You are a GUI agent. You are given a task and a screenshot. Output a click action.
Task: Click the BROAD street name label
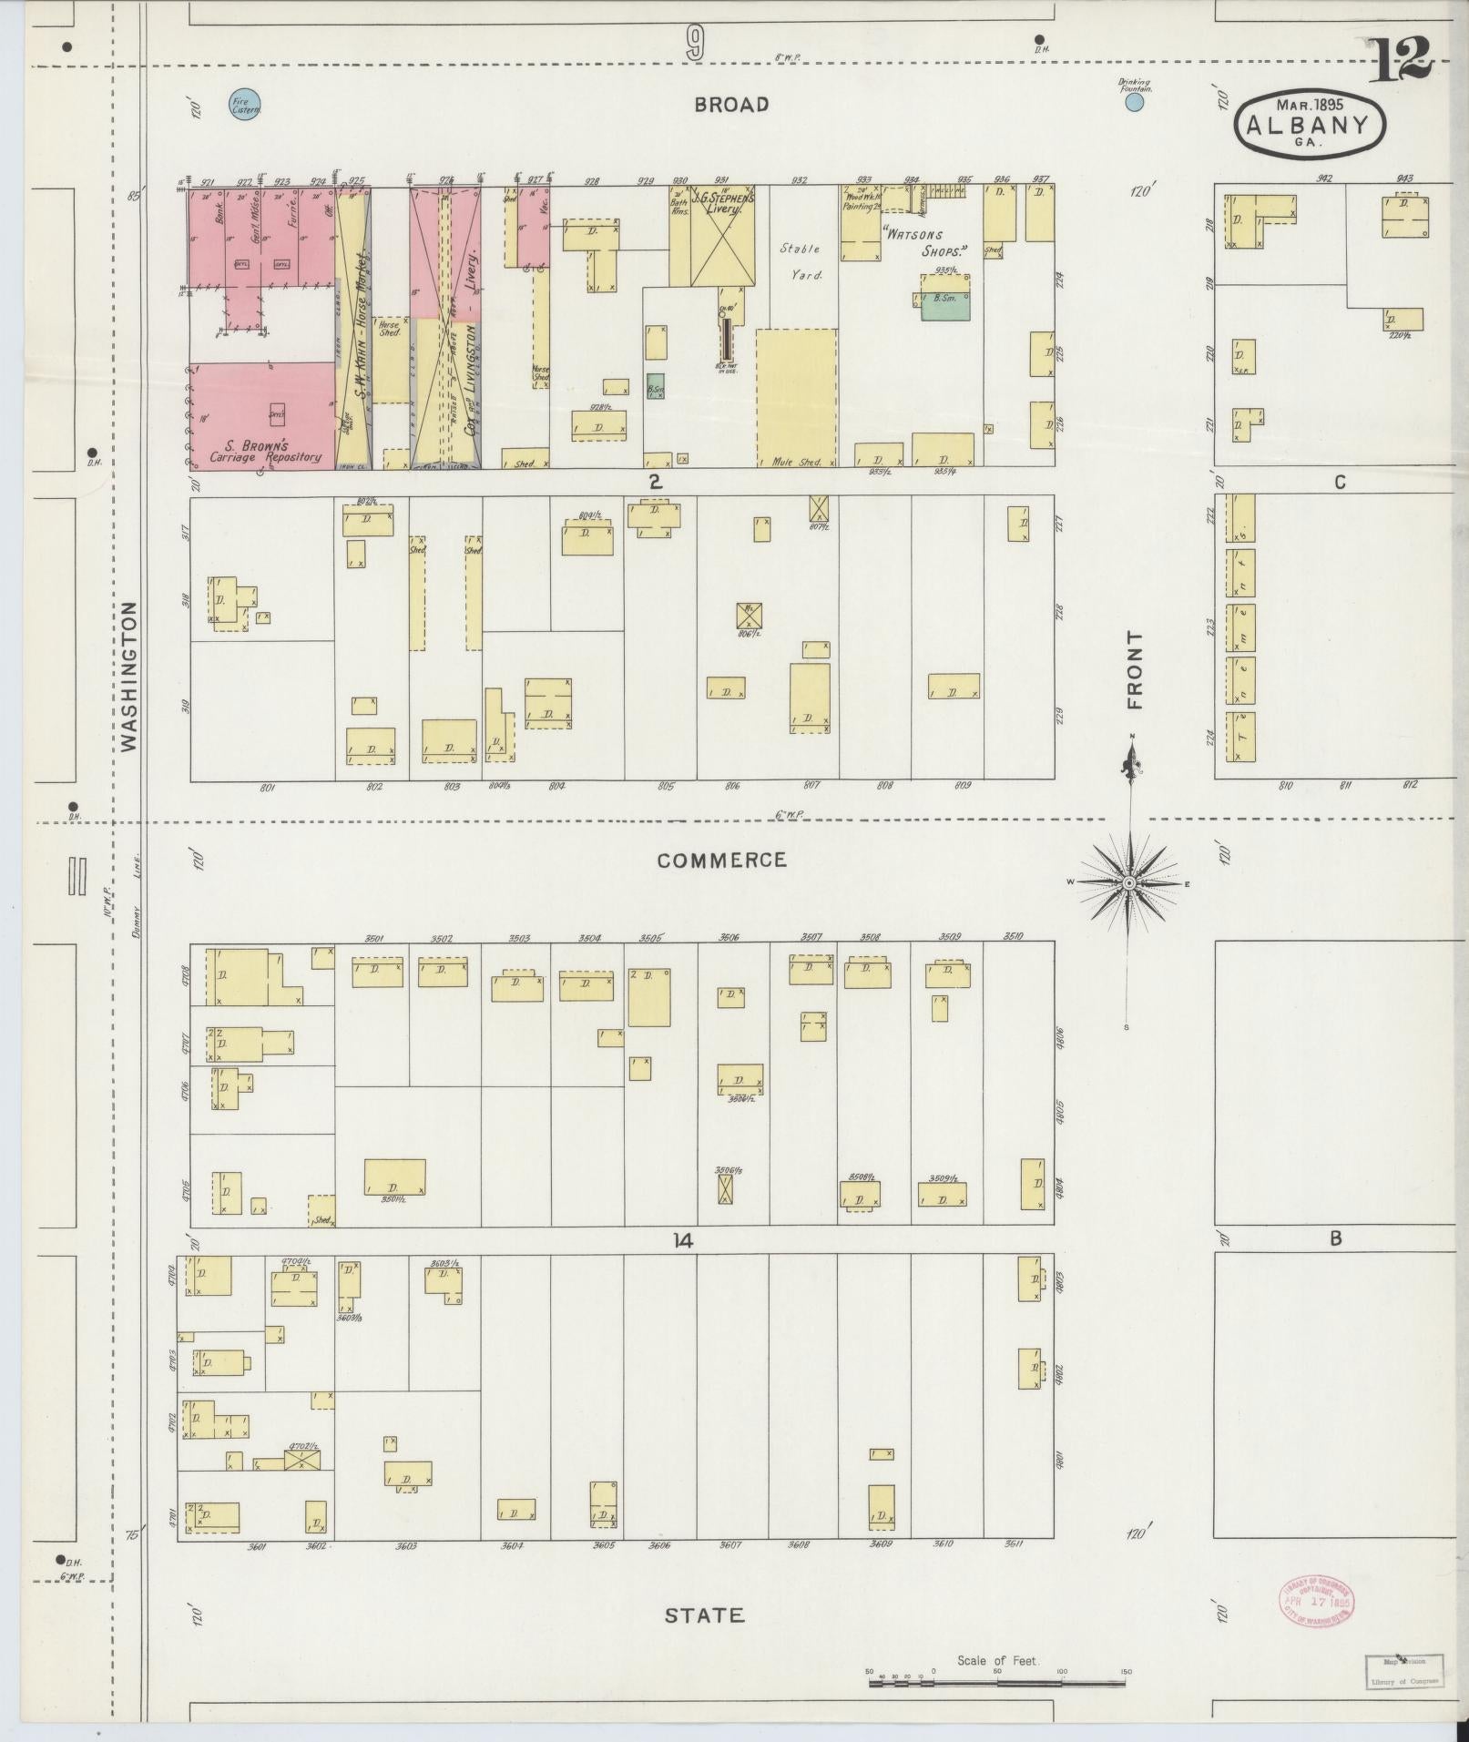(730, 105)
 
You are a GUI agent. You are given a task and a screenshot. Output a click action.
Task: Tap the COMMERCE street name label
(721, 860)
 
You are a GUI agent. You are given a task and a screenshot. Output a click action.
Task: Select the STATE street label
(704, 1615)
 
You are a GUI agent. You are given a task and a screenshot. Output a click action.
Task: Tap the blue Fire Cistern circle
(245, 106)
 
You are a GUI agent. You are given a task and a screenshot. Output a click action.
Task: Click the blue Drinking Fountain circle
(1134, 103)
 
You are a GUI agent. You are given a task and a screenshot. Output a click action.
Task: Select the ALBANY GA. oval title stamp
(1310, 120)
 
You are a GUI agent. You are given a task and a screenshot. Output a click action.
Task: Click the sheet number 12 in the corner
(1399, 62)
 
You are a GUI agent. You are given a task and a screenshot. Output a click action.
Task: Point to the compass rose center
(1128, 883)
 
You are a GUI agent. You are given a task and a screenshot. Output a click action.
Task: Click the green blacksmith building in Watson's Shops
(944, 307)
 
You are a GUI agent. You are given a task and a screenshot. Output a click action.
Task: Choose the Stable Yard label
(800, 260)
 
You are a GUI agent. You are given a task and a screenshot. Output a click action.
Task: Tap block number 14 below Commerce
(683, 1240)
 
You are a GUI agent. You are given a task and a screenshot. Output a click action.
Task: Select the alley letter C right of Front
(1339, 483)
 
